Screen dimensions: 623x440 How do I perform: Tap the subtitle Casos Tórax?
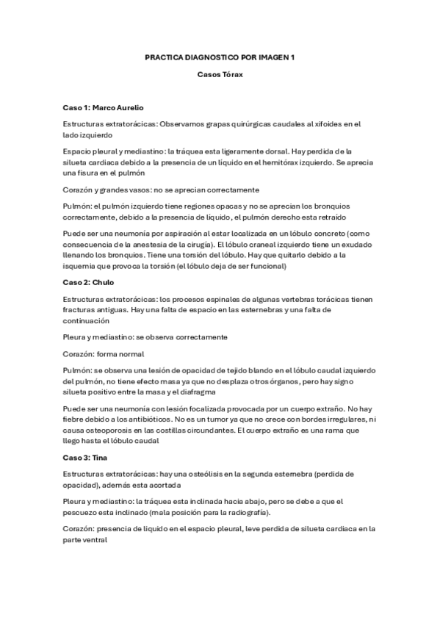pos(220,73)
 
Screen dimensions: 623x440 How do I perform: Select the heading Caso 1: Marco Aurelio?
pos(104,107)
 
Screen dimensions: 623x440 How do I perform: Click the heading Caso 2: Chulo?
pos(87,282)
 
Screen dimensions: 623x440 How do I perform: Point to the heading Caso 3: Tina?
pos(85,457)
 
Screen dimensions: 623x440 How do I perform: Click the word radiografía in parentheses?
pos(242,512)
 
